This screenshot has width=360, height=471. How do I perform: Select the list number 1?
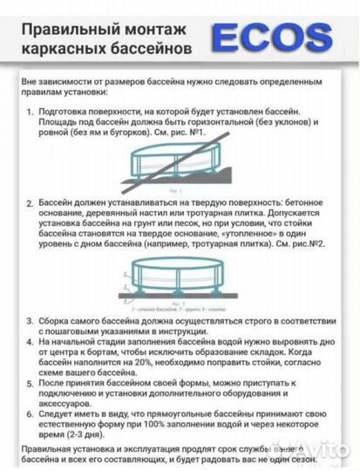tap(31, 113)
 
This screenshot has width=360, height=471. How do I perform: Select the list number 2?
tap(31, 202)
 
